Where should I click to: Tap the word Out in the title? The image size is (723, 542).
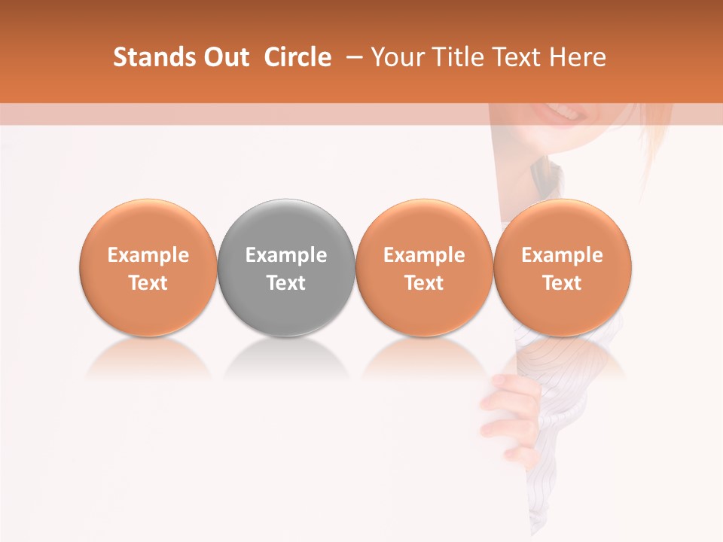pos(224,57)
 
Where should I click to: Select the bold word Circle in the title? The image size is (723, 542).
pos(297,57)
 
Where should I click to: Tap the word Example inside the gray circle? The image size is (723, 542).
pos(286,255)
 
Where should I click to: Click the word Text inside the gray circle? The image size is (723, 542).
pos(286,283)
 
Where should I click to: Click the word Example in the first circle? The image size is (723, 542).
pos(148,255)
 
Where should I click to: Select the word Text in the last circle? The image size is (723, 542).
pos(563,283)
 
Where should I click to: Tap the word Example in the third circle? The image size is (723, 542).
pos(424,255)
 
